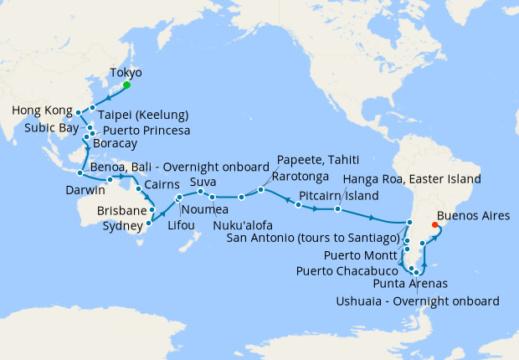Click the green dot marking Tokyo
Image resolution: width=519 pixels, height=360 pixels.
coord(126,85)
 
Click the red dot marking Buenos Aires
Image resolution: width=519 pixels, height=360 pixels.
coord(433,224)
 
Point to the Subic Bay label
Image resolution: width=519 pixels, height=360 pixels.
coord(39,130)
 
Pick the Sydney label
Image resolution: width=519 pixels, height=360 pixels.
coord(122,226)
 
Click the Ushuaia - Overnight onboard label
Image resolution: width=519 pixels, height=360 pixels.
coord(419,301)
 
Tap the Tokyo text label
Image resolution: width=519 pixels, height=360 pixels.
coord(126,73)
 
